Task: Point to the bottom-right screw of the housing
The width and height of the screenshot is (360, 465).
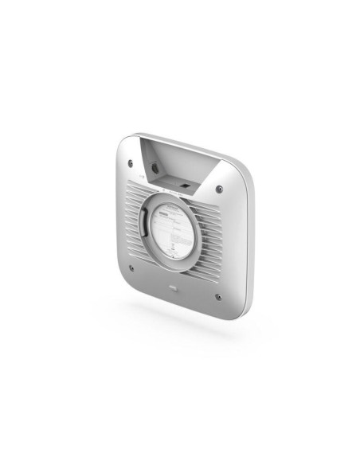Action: (x=217, y=296)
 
